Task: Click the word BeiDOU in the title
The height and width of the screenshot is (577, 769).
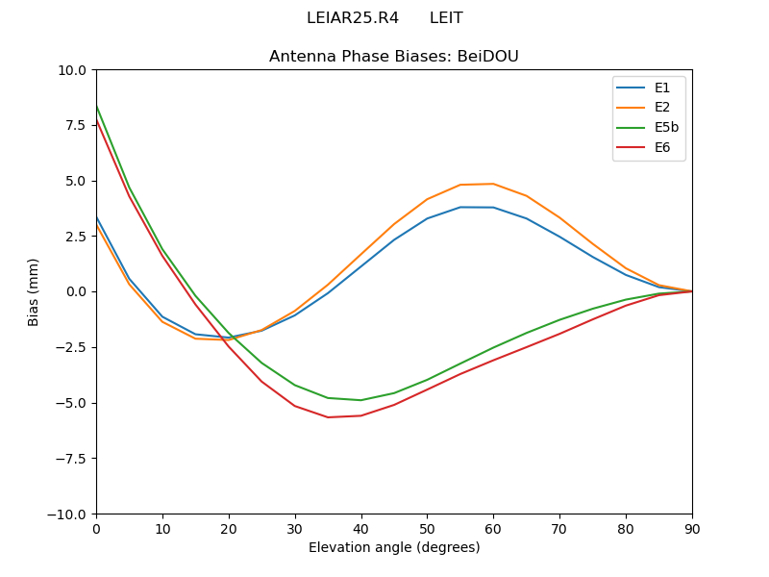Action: coord(488,57)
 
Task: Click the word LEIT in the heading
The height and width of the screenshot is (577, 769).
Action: coord(446,18)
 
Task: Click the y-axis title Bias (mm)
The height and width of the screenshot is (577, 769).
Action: coord(34,291)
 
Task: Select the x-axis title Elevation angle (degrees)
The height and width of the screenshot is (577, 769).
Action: coord(394,547)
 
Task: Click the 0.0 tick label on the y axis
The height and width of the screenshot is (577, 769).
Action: coord(75,291)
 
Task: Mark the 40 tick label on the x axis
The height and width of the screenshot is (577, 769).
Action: coord(361,528)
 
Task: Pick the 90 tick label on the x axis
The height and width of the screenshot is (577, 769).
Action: coord(692,528)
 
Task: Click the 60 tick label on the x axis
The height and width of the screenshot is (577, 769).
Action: coord(493,528)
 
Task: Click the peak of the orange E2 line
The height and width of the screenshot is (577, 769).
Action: coord(493,184)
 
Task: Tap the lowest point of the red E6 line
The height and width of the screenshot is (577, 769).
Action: coord(328,417)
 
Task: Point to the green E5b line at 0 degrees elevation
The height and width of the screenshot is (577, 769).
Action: coord(97,106)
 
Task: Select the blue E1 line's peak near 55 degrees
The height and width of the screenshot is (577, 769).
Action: coord(460,207)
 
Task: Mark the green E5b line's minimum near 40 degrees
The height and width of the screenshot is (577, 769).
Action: coord(361,400)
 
